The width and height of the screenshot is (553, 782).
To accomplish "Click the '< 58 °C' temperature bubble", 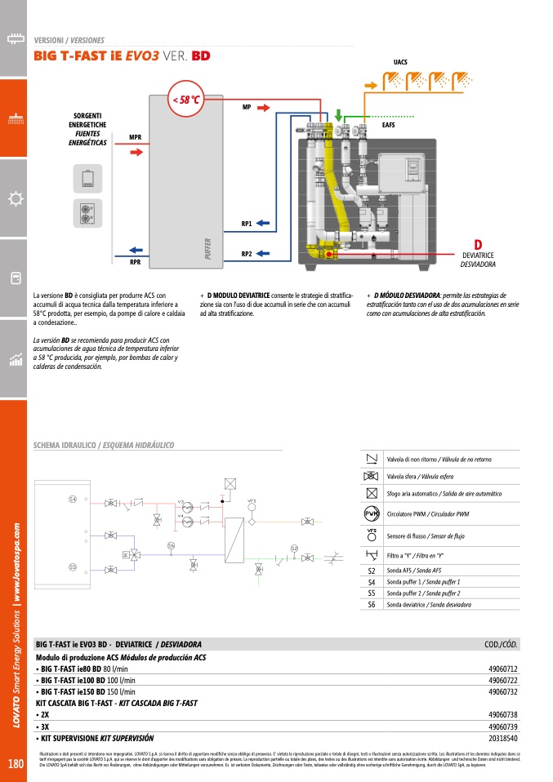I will [x=185, y=100].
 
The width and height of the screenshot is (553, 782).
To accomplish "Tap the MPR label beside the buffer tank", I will [x=136, y=136].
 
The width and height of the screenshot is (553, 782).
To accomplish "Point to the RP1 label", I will [x=247, y=223].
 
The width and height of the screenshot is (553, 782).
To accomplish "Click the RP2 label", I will [x=247, y=254].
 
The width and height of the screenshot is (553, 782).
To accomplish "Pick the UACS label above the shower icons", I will [x=400, y=62].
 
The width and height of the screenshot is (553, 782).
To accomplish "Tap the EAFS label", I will [x=389, y=125].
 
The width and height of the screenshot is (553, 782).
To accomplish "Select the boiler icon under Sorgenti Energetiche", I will [x=87, y=178].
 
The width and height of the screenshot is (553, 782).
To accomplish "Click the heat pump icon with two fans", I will [x=87, y=211].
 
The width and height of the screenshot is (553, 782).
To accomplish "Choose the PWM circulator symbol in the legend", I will [x=372, y=514].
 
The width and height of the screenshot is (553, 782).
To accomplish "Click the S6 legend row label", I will [x=372, y=605].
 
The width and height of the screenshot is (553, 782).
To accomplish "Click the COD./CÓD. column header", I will [x=501, y=645].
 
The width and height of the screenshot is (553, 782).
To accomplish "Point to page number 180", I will [x=15, y=765].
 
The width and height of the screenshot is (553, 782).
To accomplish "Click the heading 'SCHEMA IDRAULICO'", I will [x=65, y=446].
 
